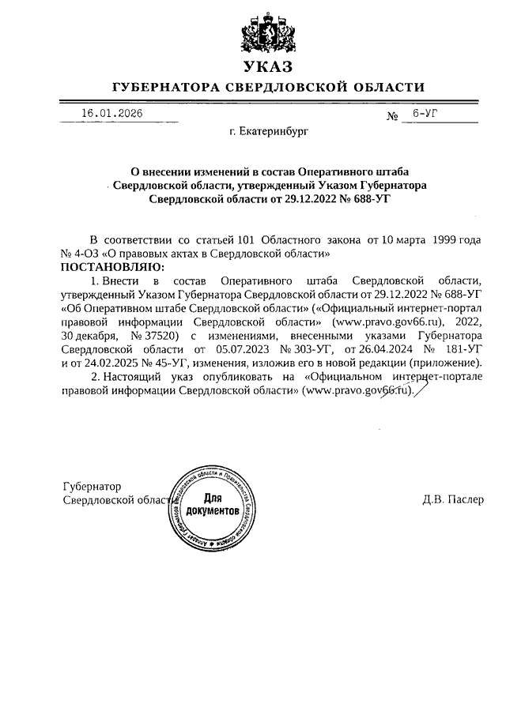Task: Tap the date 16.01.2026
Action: [111, 113]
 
